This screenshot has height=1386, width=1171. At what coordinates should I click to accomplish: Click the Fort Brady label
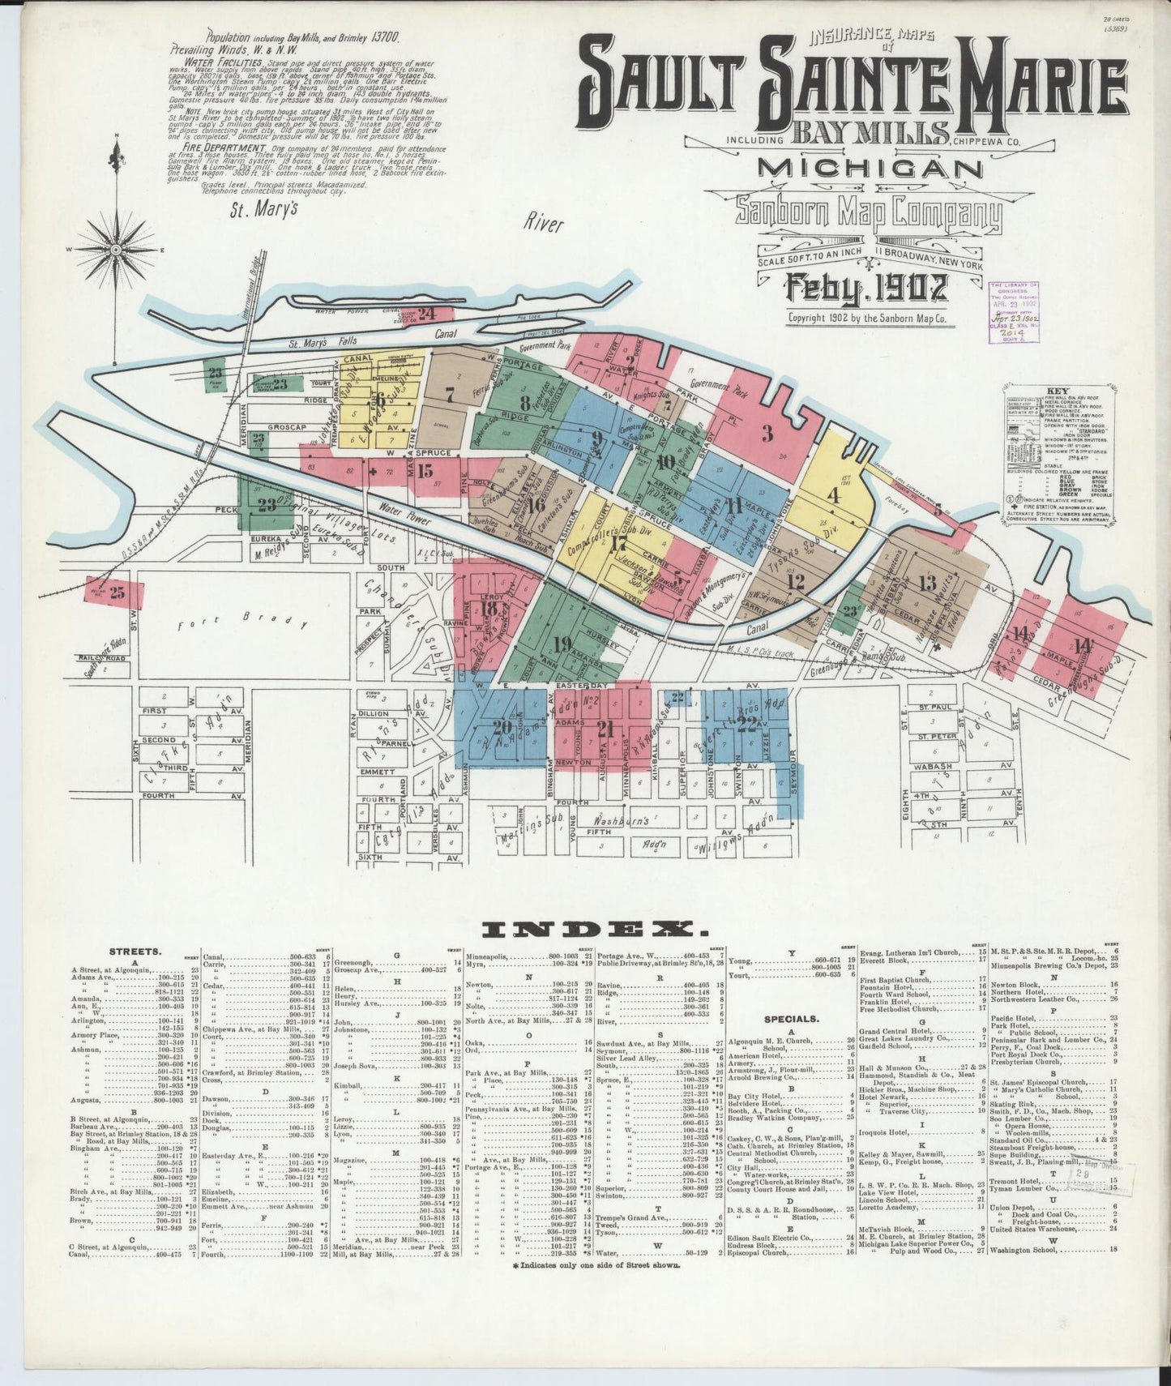pos(242,622)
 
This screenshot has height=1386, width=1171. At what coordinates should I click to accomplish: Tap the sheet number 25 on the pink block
pos(118,592)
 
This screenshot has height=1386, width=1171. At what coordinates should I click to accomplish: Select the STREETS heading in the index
pos(129,952)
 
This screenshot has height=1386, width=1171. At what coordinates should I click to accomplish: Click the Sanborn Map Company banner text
pos(869,214)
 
